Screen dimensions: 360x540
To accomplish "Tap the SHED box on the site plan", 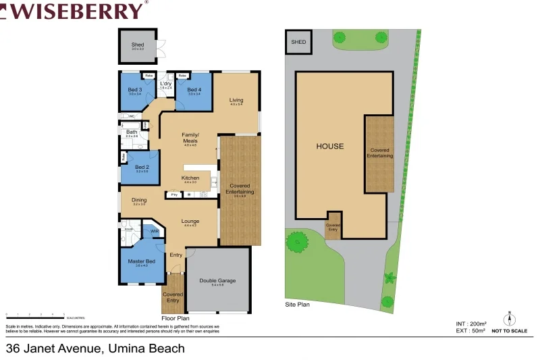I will coord(298,42).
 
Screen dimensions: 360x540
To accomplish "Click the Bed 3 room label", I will coord(135,90).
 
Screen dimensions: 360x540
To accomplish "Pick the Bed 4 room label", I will coord(194,90).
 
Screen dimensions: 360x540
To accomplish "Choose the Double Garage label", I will coord(217,281).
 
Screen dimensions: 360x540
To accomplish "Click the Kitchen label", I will coord(190,178).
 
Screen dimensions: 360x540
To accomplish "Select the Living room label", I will coord(236,101).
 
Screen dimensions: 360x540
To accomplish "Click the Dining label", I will coord(139,200).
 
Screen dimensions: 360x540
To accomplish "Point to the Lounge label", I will coord(190,221).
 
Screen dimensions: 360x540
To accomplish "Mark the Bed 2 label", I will coord(142,167).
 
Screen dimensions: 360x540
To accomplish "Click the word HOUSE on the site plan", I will coord(330,146).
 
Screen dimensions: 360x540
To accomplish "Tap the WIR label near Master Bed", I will coord(155,231).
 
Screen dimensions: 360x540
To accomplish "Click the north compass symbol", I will coord(510,318).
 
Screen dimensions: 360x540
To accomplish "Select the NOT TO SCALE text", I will coord(510,331).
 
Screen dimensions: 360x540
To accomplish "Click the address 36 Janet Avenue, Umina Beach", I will coord(95,349).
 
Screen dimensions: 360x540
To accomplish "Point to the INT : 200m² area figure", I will coord(471,324).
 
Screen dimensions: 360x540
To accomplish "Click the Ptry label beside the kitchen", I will coord(174,195).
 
